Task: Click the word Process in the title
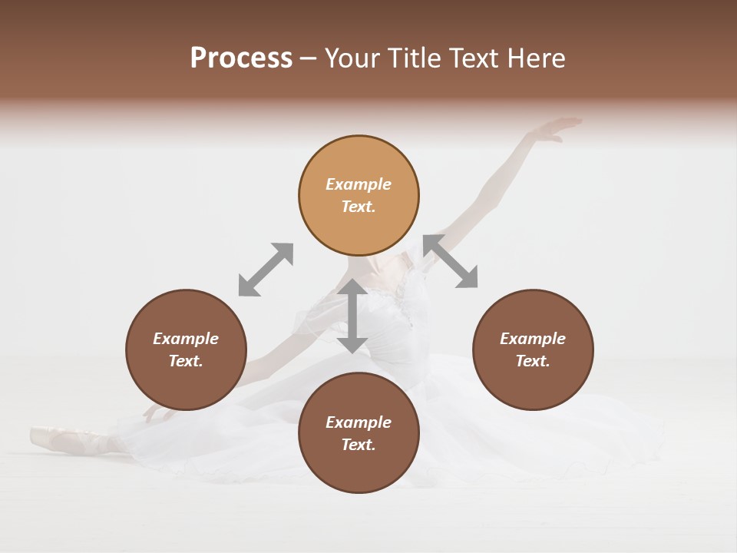[241, 58]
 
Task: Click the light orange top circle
[359, 195]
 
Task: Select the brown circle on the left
[186, 349]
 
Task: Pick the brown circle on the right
[533, 349]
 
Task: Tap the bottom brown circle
[359, 433]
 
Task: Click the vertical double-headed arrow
[352, 316]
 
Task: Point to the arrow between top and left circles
[266, 270]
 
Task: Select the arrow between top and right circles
[451, 262]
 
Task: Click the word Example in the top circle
[359, 184]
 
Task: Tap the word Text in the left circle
[186, 361]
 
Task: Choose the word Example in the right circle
[533, 339]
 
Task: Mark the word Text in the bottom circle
[359, 445]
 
